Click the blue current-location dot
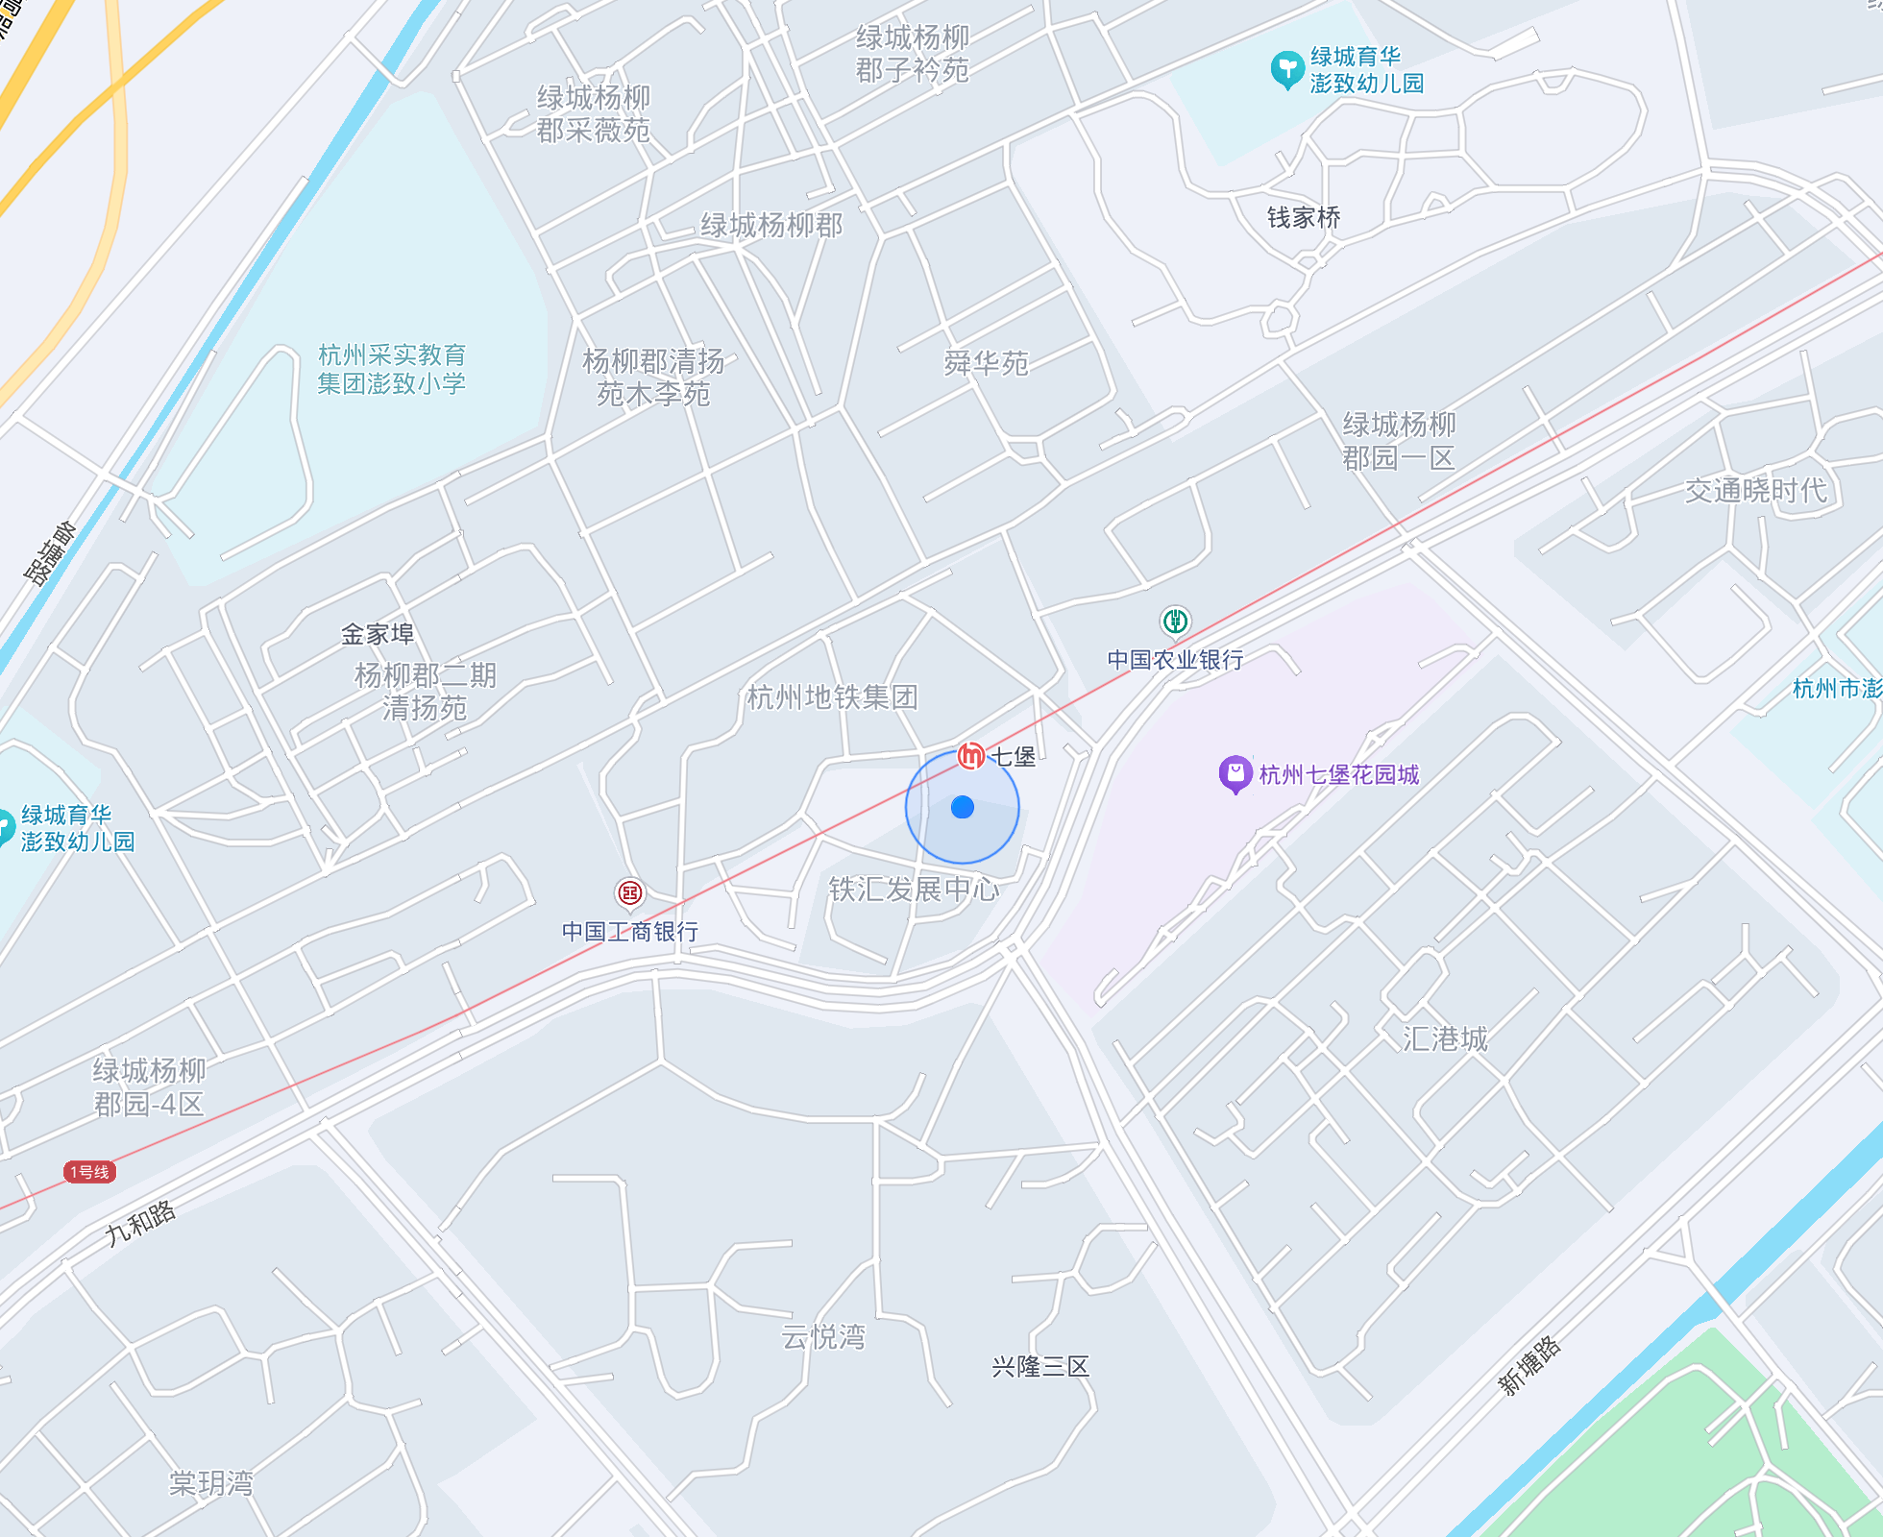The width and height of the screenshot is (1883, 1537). pos(962,808)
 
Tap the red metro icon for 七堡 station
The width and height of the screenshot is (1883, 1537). pos(971,757)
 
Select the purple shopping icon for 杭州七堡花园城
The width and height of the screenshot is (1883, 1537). pos(1235,774)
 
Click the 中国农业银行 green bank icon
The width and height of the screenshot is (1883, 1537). pos(1175,622)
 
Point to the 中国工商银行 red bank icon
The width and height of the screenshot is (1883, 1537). pos(630,893)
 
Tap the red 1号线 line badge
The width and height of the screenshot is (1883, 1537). pos(89,1172)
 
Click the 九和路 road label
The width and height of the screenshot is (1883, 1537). pos(141,1223)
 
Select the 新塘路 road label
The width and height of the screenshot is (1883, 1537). pos(1530,1365)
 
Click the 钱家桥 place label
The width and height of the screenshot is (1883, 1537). pos(1304,218)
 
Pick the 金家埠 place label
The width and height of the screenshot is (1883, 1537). pos(378,634)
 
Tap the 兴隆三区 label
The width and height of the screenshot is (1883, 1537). pos(1040,1367)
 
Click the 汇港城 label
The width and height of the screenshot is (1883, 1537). pos(1445,1038)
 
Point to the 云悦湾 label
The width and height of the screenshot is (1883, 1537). pos(823,1337)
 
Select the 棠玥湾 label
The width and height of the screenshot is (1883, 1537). pos(211,1484)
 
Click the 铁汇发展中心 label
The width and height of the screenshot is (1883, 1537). pos(914,890)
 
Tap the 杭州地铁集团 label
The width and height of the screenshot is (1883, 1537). pos(832,697)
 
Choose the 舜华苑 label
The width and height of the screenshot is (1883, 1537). pos(986,363)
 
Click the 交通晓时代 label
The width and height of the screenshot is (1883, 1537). pos(1756,491)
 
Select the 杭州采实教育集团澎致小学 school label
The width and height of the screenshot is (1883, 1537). pos(392,370)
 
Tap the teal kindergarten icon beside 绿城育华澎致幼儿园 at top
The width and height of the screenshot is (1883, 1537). pos(1286,70)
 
